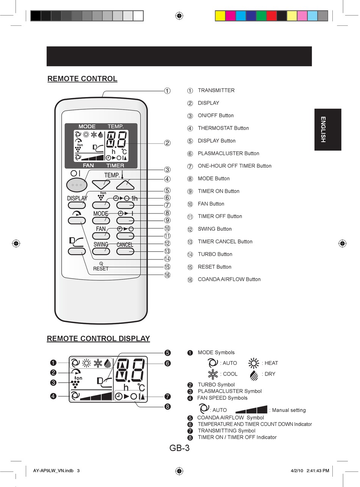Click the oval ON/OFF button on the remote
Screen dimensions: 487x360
(x=77, y=185)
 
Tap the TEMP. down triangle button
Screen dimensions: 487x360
(x=101, y=185)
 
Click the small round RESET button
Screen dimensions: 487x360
(x=101, y=263)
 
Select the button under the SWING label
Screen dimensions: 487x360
(x=101, y=251)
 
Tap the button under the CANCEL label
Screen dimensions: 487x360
(x=125, y=251)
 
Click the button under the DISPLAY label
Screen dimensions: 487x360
(x=77, y=205)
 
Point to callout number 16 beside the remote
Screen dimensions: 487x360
(x=167, y=275)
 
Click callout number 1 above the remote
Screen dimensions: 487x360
(x=167, y=91)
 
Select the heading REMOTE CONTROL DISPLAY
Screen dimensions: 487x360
(x=98, y=338)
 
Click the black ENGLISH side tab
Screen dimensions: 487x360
(x=327, y=130)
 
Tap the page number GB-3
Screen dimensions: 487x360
(x=179, y=448)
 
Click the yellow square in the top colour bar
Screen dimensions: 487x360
(x=220, y=16)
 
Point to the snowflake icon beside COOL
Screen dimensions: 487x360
(x=213, y=374)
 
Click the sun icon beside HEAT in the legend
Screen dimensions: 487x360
(x=254, y=363)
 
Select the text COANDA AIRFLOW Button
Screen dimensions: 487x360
(x=229, y=280)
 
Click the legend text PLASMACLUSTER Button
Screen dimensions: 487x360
(x=228, y=153)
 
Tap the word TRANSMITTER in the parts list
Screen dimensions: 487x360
(x=216, y=90)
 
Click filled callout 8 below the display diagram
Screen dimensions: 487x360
(x=167, y=407)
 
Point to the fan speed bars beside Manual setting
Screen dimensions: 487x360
(x=251, y=410)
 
